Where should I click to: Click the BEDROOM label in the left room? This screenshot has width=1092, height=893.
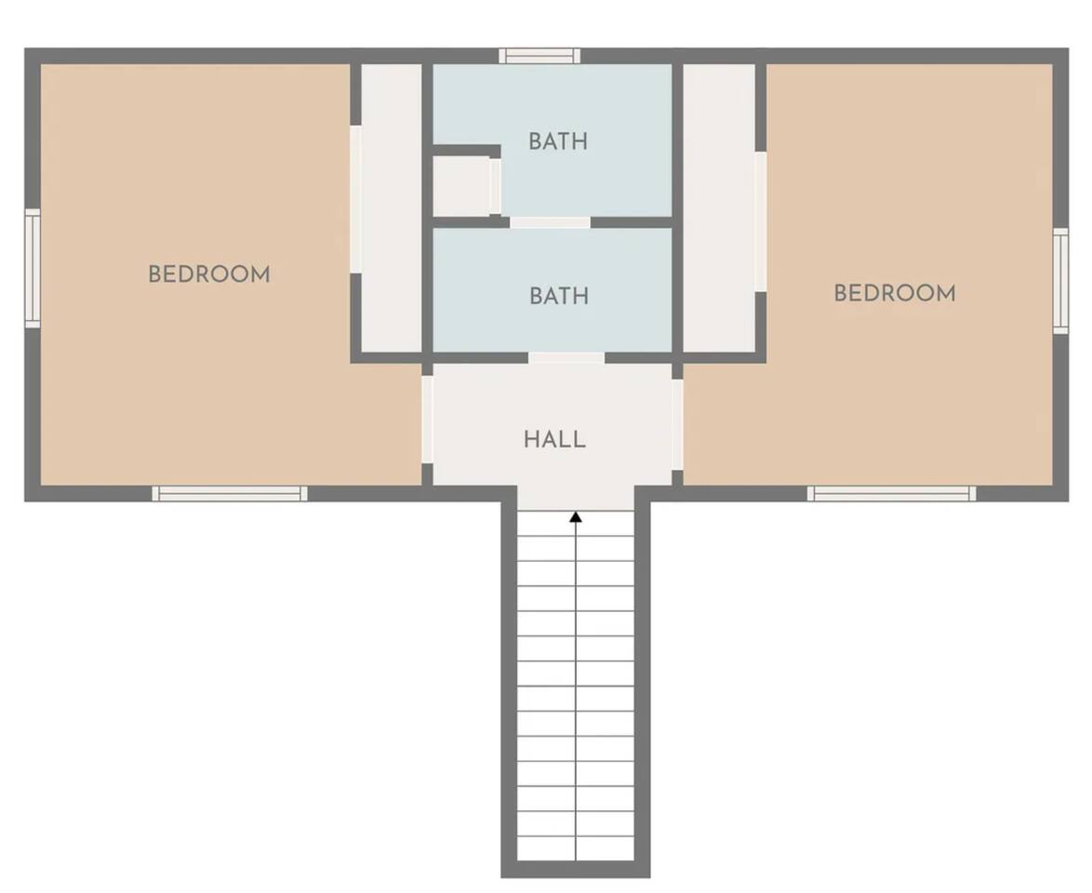[x=209, y=274]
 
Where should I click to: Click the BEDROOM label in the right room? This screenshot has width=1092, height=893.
[x=895, y=293]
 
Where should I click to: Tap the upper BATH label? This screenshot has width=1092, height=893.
[x=558, y=141]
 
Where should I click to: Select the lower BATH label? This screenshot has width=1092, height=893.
[x=558, y=296]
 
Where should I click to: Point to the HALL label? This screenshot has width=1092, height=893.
[x=554, y=440]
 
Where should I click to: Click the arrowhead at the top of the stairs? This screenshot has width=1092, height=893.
[x=575, y=517]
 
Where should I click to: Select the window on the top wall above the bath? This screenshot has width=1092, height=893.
[x=539, y=56]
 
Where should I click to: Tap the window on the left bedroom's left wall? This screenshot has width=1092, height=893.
[x=33, y=268]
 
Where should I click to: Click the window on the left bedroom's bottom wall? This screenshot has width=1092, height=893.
[x=230, y=493]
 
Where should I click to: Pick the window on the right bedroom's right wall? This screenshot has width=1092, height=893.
[x=1060, y=280]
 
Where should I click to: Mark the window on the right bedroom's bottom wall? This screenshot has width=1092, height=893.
[x=891, y=493]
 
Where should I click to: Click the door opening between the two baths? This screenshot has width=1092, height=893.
[x=550, y=222]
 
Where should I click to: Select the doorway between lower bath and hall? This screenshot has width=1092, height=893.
[x=566, y=358]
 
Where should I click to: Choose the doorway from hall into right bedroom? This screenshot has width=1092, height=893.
[x=677, y=425]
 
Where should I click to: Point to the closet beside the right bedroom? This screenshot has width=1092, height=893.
[x=719, y=207]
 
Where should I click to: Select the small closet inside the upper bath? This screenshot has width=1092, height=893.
[x=461, y=187]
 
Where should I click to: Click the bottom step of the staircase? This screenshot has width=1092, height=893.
[x=575, y=848]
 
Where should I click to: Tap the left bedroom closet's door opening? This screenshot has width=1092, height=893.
[x=355, y=199]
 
